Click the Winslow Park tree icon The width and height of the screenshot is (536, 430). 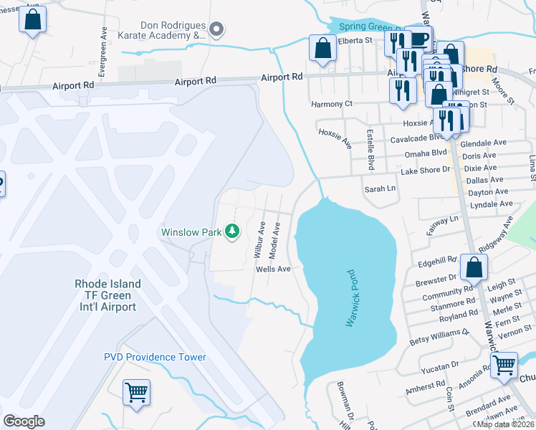click(231, 231)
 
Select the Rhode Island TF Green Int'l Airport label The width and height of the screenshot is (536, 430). click(107, 295)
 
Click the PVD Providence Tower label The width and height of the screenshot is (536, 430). click(155, 357)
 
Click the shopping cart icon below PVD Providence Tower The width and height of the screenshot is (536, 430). click(136, 392)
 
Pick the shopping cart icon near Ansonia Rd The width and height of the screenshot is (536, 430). click(504, 365)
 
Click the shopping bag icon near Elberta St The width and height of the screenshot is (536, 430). click(323, 49)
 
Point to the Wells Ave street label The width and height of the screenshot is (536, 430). click(273, 269)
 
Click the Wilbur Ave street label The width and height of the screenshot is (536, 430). click(260, 239)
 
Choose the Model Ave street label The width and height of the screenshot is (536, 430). click(274, 241)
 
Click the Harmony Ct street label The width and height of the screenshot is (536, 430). click(332, 104)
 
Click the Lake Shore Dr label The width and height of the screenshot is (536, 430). click(424, 170)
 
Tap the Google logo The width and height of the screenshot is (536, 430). click(24, 421)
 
